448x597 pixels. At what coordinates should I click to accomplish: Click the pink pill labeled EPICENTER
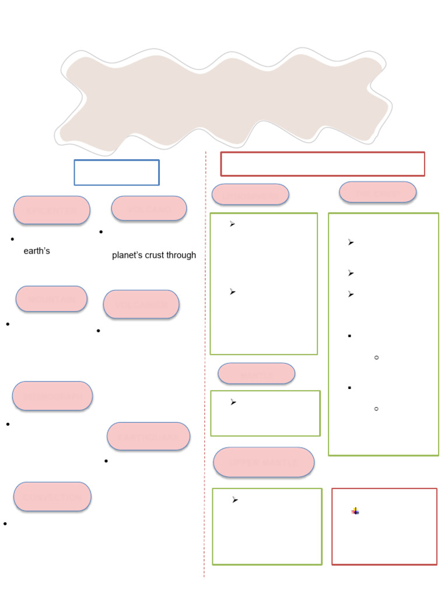(52, 210)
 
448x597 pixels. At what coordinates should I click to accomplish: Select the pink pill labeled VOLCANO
(149, 208)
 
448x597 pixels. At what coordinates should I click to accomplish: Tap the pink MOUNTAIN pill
(51, 298)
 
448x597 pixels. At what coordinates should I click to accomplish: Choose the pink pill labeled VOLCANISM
(141, 304)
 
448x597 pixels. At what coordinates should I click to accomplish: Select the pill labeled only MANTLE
(257, 374)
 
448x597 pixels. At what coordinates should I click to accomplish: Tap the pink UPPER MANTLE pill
(264, 462)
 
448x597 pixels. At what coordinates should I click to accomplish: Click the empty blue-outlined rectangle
(117, 173)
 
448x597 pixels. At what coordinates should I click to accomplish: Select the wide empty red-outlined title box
(323, 164)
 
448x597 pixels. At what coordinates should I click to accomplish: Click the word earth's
(37, 251)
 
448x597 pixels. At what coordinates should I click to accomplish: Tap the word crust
(154, 255)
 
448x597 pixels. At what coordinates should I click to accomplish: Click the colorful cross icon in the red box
(355, 511)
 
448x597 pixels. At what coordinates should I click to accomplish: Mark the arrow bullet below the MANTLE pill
(233, 402)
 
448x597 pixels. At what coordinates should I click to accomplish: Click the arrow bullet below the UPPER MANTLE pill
(235, 500)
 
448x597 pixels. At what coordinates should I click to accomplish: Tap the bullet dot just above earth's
(12, 239)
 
